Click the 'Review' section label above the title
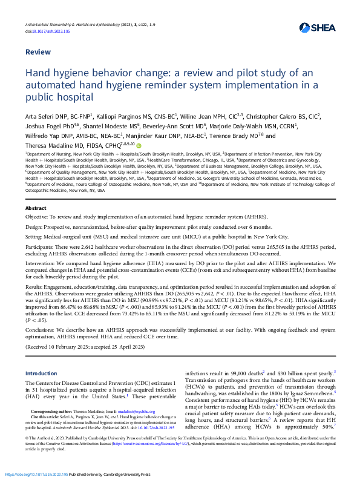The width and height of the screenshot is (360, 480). [x=38, y=52]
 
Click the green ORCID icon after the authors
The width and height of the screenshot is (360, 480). [x=139, y=145]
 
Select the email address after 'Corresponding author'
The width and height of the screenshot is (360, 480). [x=149, y=411]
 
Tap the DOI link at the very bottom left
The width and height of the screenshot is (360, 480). [x=44, y=473]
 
